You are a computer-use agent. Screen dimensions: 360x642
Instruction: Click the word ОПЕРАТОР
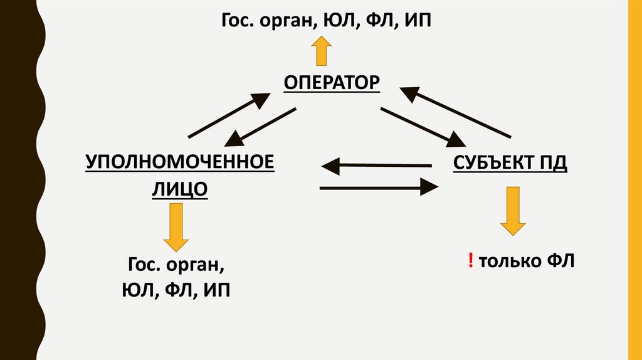click(x=332, y=83)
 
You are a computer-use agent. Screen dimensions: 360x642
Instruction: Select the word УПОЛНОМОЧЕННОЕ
click(x=181, y=162)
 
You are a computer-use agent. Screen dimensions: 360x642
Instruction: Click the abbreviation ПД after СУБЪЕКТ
click(x=551, y=163)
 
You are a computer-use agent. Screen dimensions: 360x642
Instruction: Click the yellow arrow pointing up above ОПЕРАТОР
click(x=322, y=51)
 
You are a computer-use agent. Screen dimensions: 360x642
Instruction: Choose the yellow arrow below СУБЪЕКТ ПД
click(x=513, y=209)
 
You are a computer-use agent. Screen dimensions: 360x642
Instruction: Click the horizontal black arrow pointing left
click(x=376, y=166)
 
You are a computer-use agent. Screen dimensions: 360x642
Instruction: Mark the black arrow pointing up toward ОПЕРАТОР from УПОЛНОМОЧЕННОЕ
click(x=229, y=115)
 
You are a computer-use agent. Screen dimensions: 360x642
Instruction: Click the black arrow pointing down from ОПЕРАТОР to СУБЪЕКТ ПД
click(x=421, y=125)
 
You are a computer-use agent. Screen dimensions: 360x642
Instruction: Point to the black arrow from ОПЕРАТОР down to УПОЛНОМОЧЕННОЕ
click(x=260, y=125)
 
